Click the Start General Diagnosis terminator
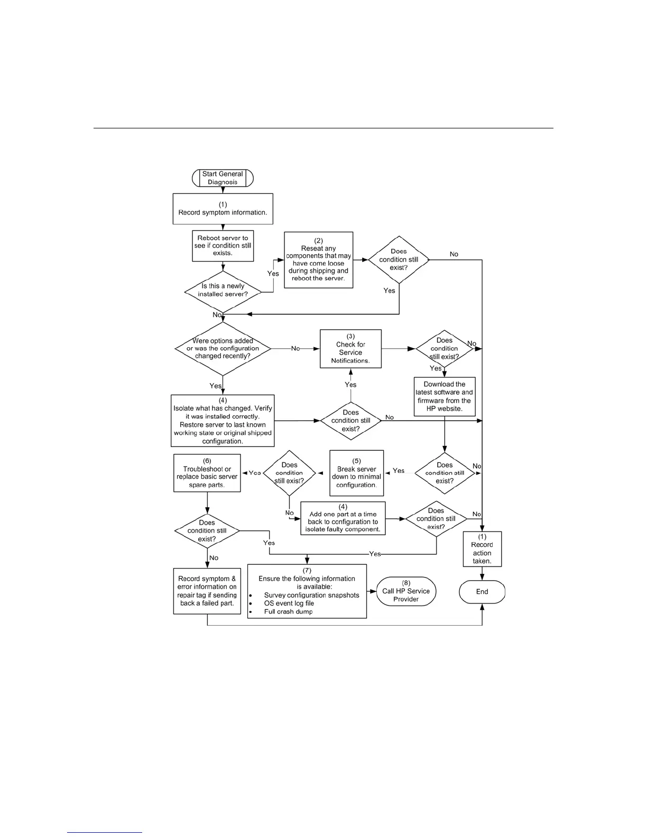click(x=223, y=178)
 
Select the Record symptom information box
click(x=223, y=209)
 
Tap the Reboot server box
click(x=223, y=246)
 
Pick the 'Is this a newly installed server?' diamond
click(x=223, y=290)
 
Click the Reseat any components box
click(x=318, y=260)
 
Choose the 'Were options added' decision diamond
click(x=223, y=349)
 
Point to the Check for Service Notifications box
click(x=350, y=349)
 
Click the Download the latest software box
click(x=445, y=396)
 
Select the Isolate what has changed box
click(x=223, y=421)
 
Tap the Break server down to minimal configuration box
click(x=356, y=473)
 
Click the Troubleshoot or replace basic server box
click(x=207, y=473)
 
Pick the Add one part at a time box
click(x=343, y=518)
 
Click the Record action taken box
click(x=482, y=549)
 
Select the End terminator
click(x=482, y=592)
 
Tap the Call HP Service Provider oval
click(x=406, y=592)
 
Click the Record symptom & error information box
click(x=207, y=591)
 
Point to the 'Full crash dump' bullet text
click(x=289, y=612)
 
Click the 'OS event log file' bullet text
click(x=289, y=603)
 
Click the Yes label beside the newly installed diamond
click(x=273, y=274)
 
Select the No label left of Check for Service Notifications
click(x=295, y=349)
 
